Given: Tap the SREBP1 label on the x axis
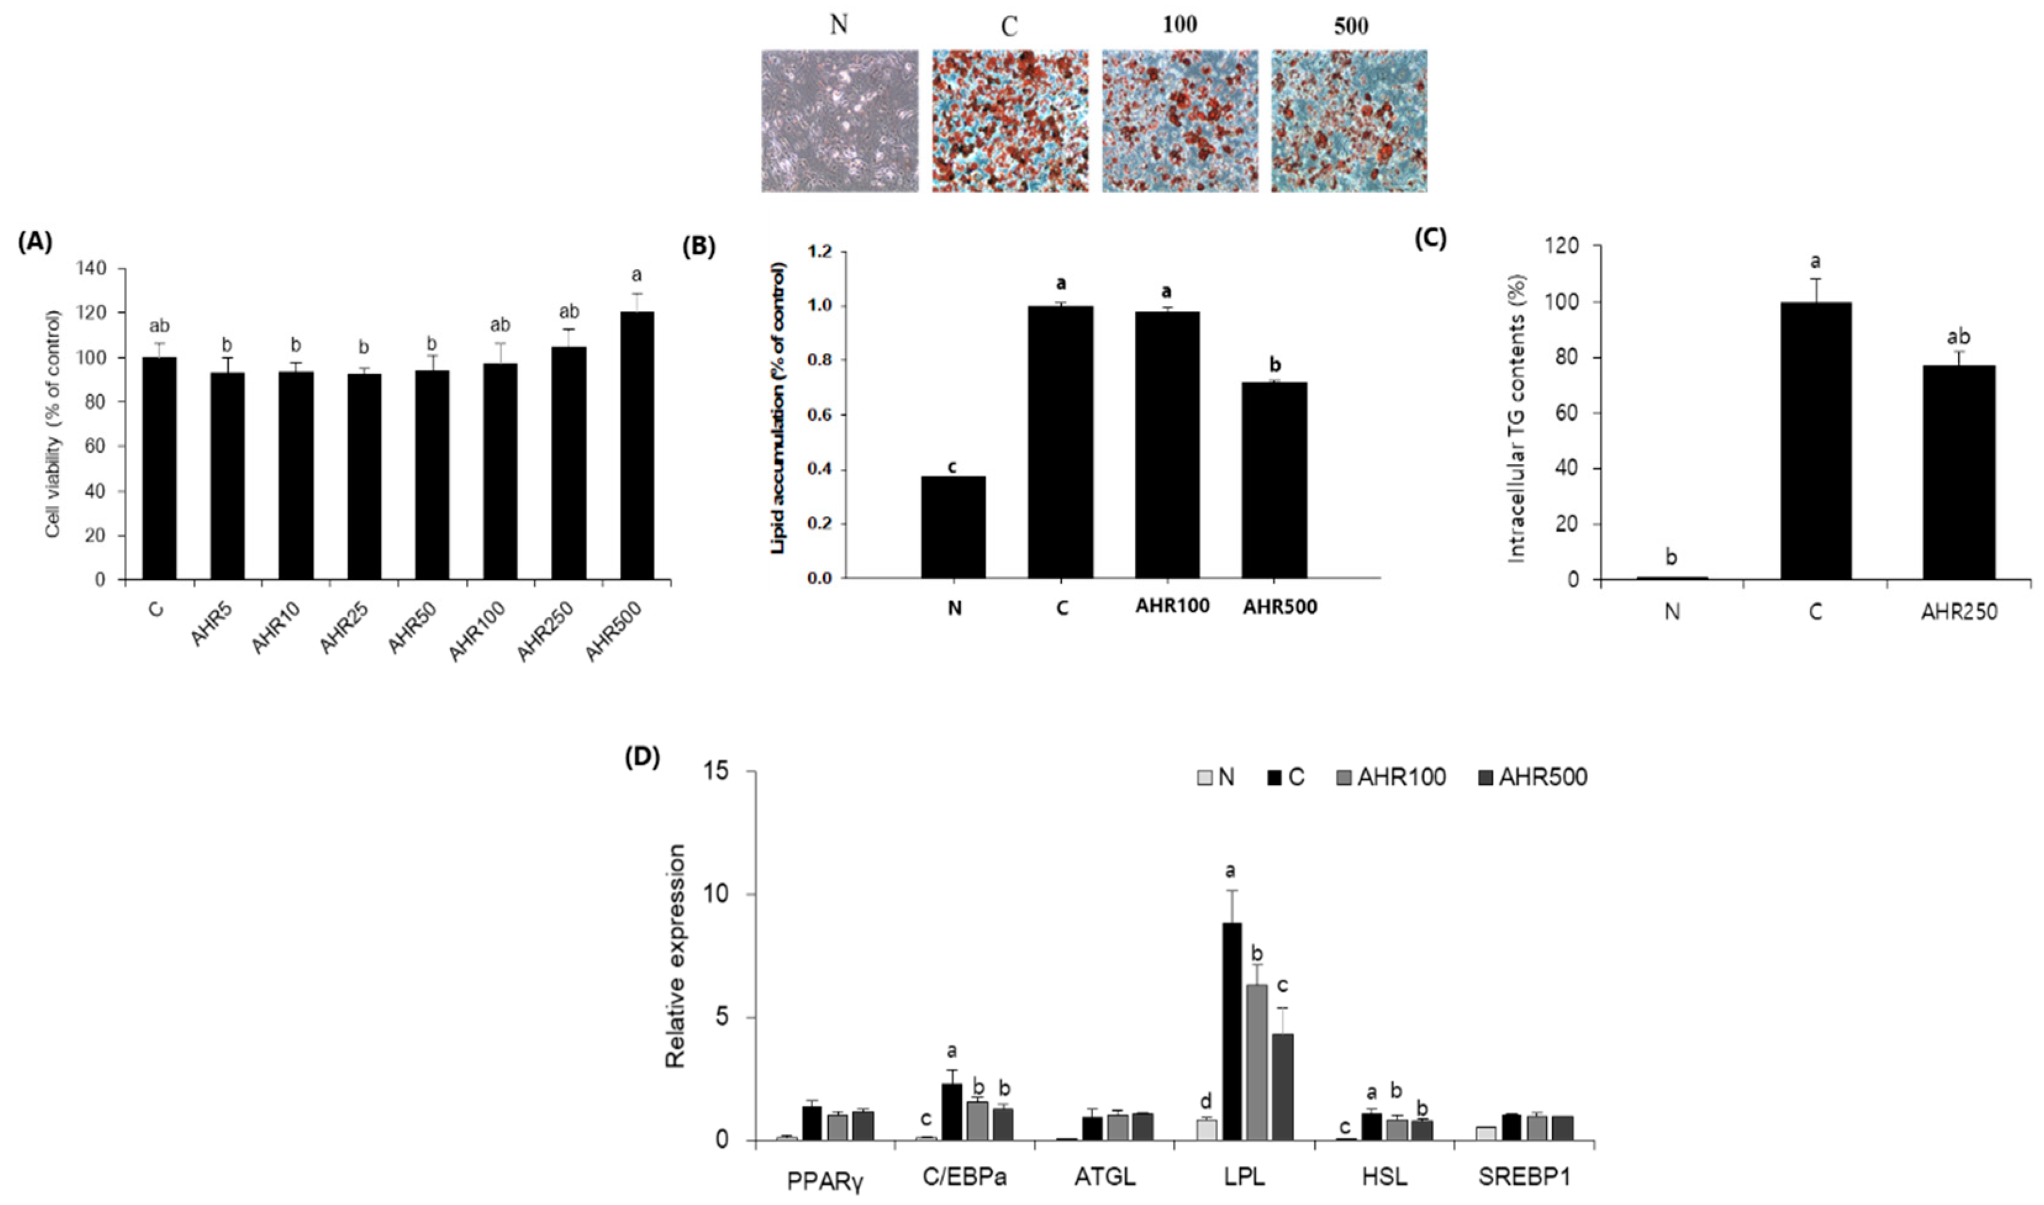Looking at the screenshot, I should click(x=1525, y=1177).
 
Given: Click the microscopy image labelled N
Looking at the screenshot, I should click(x=839, y=121).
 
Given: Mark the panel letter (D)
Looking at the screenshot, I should click(x=642, y=757).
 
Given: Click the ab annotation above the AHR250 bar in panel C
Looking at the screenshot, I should click(x=1958, y=337).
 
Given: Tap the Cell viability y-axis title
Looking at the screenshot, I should click(x=54, y=424).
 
